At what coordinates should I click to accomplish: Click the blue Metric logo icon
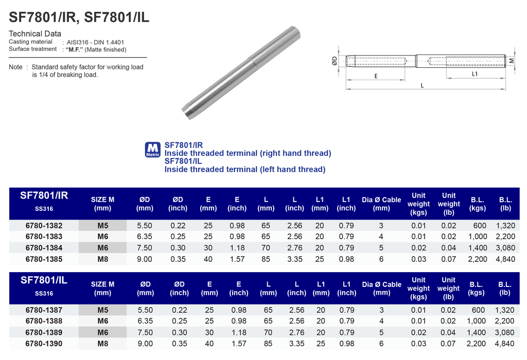(153, 150)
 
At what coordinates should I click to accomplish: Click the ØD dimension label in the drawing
(335, 62)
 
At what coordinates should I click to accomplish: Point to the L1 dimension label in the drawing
(475, 74)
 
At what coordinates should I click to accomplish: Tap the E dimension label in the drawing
(376, 76)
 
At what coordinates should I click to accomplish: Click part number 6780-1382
(44, 226)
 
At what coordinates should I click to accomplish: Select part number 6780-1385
(44, 259)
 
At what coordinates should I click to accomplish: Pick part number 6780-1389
(44, 333)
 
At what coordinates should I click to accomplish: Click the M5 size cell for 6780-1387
(102, 310)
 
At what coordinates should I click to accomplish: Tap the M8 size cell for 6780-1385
(102, 259)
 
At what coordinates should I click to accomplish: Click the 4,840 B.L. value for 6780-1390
(505, 344)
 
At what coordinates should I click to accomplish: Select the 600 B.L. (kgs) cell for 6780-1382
(479, 226)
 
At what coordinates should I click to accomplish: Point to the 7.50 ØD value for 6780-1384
(145, 248)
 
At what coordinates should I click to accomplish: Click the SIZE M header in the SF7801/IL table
(102, 288)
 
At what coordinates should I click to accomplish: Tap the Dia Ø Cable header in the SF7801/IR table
(381, 204)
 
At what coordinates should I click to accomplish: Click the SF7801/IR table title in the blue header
(44, 196)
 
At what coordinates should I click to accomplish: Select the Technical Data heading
(35, 34)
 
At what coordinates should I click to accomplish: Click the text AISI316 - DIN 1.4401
(95, 42)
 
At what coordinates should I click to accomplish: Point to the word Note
(16, 67)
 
